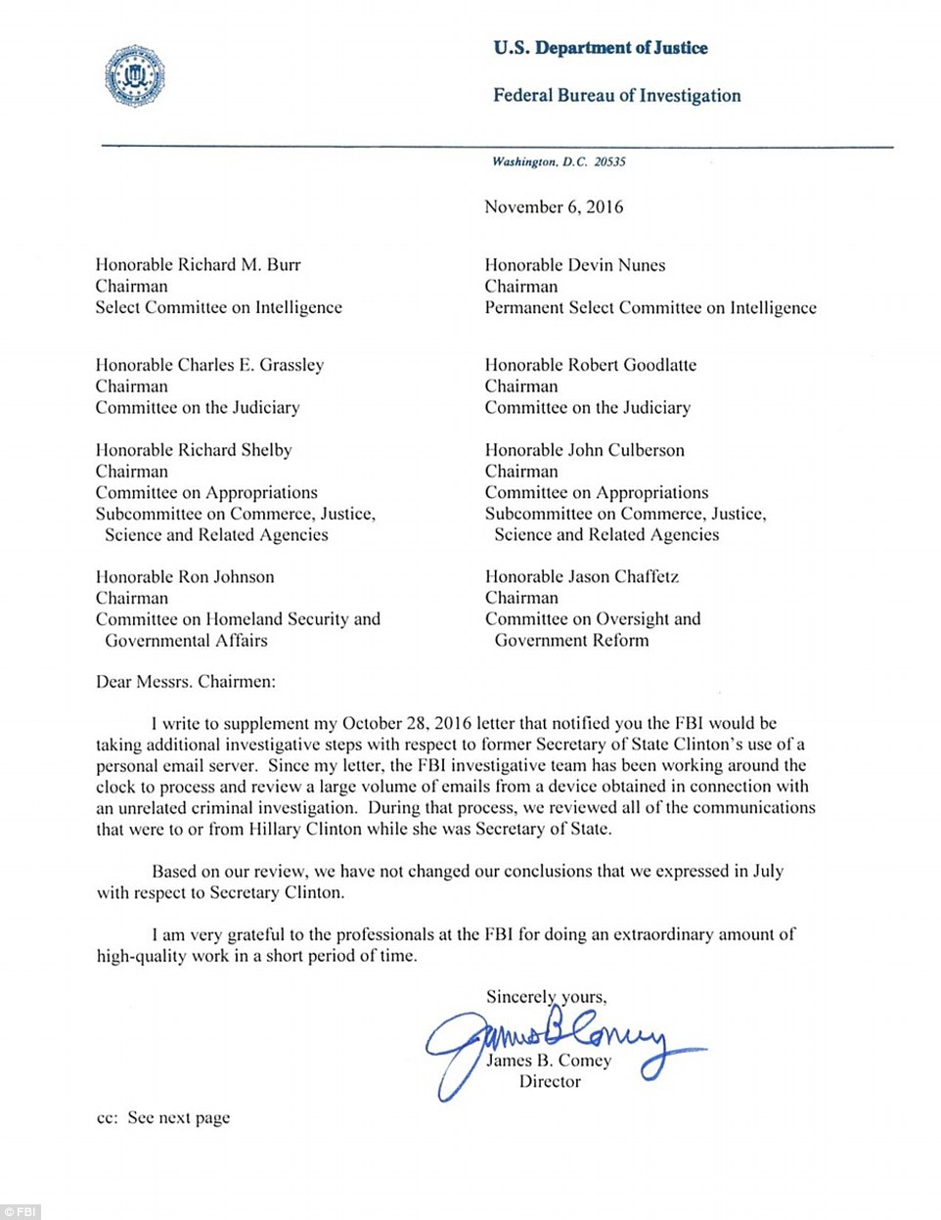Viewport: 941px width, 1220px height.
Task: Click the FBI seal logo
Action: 135,76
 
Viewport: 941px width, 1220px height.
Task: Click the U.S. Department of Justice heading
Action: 600,48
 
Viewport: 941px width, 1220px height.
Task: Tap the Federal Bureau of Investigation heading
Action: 616,96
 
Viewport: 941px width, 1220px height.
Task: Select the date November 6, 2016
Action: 554,207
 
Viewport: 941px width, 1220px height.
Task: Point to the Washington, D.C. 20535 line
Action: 559,162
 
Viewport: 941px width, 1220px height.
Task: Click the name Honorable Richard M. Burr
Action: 198,265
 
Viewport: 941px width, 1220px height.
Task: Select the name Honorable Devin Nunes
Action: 574,265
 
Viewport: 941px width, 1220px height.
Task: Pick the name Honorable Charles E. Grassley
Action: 209,365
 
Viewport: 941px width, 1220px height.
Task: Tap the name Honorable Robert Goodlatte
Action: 591,365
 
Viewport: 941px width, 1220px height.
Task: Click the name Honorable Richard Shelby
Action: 194,450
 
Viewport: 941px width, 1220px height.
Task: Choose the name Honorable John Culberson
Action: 584,450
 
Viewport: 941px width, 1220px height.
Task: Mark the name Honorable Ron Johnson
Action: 185,577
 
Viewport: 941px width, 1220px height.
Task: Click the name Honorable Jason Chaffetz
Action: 581,577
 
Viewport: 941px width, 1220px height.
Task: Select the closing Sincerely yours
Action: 546,997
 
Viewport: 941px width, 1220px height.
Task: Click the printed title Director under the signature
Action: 550,1082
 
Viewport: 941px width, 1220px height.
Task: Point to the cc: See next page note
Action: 163,1118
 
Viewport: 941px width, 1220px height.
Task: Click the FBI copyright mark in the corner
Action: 21,1211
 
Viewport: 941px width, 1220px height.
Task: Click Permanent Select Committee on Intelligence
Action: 650,308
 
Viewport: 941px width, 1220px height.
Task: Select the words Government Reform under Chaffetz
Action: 571,641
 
